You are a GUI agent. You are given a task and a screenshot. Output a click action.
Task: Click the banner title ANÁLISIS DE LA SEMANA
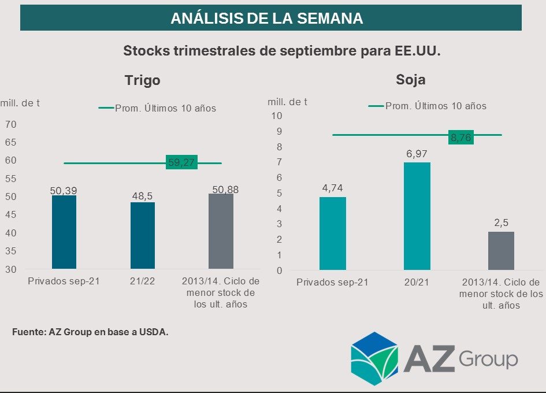266,18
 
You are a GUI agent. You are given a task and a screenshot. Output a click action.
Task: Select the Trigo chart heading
142,80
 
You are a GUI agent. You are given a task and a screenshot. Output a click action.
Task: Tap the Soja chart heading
410,79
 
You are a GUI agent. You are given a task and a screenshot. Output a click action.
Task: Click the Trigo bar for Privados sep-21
64,232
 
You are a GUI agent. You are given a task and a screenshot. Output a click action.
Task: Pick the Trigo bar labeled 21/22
143,235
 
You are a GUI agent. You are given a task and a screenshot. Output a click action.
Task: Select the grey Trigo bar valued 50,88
221,231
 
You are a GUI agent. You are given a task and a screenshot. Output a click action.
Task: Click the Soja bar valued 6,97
417,216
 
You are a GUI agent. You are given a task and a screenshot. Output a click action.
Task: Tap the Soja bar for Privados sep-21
332,233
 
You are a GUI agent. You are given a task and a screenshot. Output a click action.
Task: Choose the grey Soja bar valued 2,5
501,251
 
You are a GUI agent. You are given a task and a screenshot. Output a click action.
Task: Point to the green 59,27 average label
181,163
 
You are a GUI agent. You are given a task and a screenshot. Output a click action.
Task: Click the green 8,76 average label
461,138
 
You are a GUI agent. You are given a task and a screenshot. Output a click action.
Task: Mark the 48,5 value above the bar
143,196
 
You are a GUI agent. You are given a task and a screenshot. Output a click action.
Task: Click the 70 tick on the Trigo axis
11,124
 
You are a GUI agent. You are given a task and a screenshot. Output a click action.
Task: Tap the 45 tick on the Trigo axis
11,215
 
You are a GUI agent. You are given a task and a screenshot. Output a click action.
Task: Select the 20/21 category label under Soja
417,283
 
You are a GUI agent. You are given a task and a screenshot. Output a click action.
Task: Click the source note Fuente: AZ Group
90,332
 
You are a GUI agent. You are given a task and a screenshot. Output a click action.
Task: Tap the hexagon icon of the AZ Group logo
374,359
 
